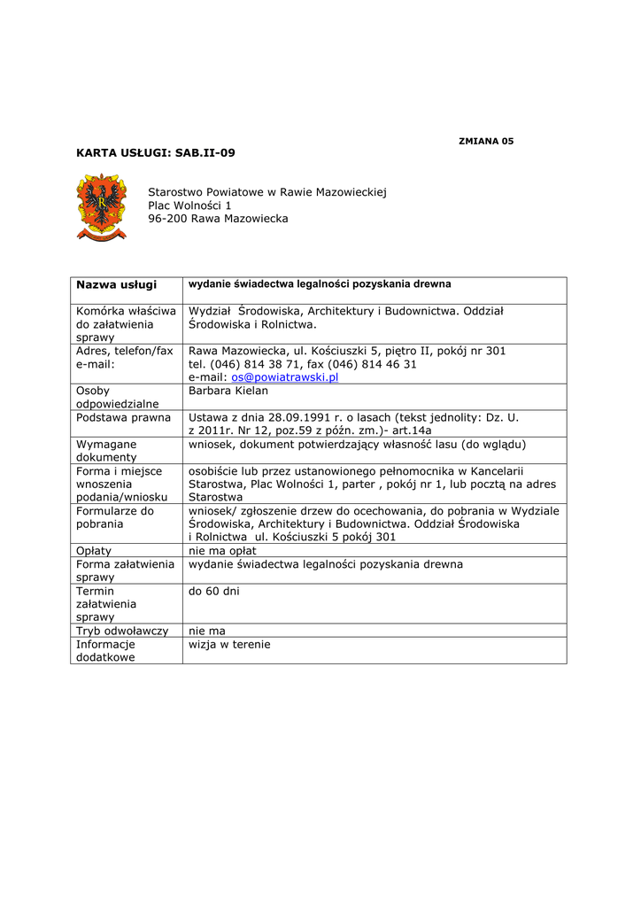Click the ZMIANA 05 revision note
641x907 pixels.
click(486, 141)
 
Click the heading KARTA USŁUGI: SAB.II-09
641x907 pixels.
click(156, 153)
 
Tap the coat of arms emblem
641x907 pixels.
click(102, 207)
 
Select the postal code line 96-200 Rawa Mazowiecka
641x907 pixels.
click(218, 219)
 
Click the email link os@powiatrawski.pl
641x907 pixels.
click(285, 377)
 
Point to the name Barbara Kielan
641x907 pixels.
click(228, 391)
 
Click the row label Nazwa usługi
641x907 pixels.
click(116, 284)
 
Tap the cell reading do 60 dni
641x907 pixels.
click(214, 590)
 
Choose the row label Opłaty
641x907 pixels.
click(94, 551)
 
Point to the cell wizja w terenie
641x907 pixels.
click(229, 644)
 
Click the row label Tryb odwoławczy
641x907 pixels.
click(122, 631)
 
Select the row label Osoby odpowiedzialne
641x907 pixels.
click(118, 398)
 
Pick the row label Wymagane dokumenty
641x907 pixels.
click(107, 450)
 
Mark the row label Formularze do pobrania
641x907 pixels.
click(115, 517)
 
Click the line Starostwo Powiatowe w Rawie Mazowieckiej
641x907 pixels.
click(267, 192)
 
